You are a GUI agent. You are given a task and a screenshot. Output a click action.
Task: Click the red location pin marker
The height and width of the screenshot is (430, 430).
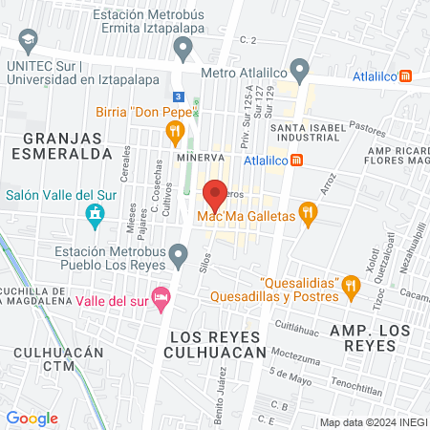click(215, 194)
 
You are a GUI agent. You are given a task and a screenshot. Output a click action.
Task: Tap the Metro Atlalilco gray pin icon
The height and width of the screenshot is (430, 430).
click(300, 70)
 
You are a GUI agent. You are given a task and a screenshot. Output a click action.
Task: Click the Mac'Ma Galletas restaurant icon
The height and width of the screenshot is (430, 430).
click(307, 212)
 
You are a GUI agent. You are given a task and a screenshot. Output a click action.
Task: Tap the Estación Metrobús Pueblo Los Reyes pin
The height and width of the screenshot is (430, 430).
click(179, 254)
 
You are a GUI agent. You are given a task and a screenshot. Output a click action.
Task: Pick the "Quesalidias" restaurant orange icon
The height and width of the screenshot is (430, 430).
click(351, 284)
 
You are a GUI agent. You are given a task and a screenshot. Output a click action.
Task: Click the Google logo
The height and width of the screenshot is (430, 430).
click(32, 418)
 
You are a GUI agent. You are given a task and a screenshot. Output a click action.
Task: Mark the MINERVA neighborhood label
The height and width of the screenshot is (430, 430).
click(200, 157)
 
